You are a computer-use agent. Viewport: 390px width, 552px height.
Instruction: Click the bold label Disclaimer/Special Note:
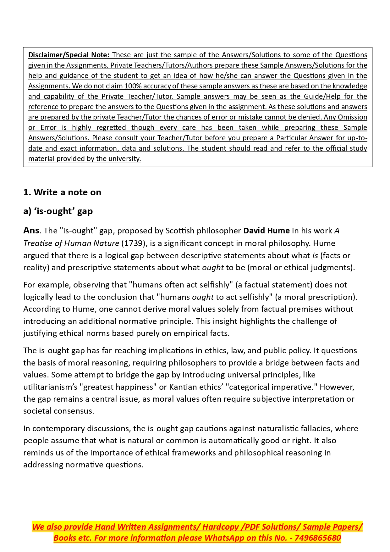tap(69, 55)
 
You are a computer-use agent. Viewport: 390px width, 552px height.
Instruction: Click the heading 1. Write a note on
tap(62, 192)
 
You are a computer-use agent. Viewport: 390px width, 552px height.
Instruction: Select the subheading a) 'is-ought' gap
tap(58, 211)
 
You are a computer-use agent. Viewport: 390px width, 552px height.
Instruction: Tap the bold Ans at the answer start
tap(31, 231)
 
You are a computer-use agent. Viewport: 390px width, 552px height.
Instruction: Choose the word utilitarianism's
tap(52, 387)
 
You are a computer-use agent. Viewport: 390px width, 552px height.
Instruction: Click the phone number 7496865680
tap(318, 538)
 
